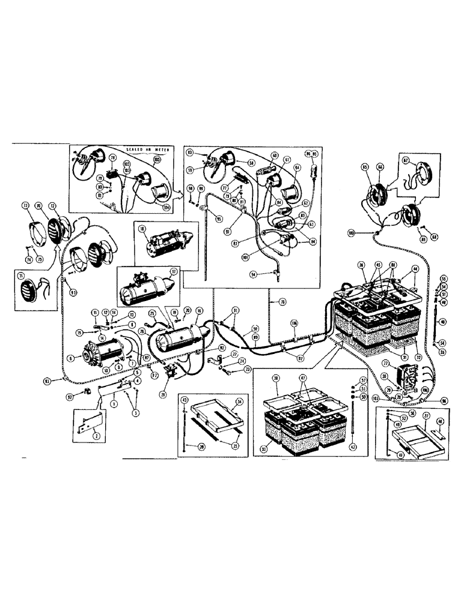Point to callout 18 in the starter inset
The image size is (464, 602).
[x=142, y=229]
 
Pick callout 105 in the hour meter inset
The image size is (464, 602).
[x=157, y=160]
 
